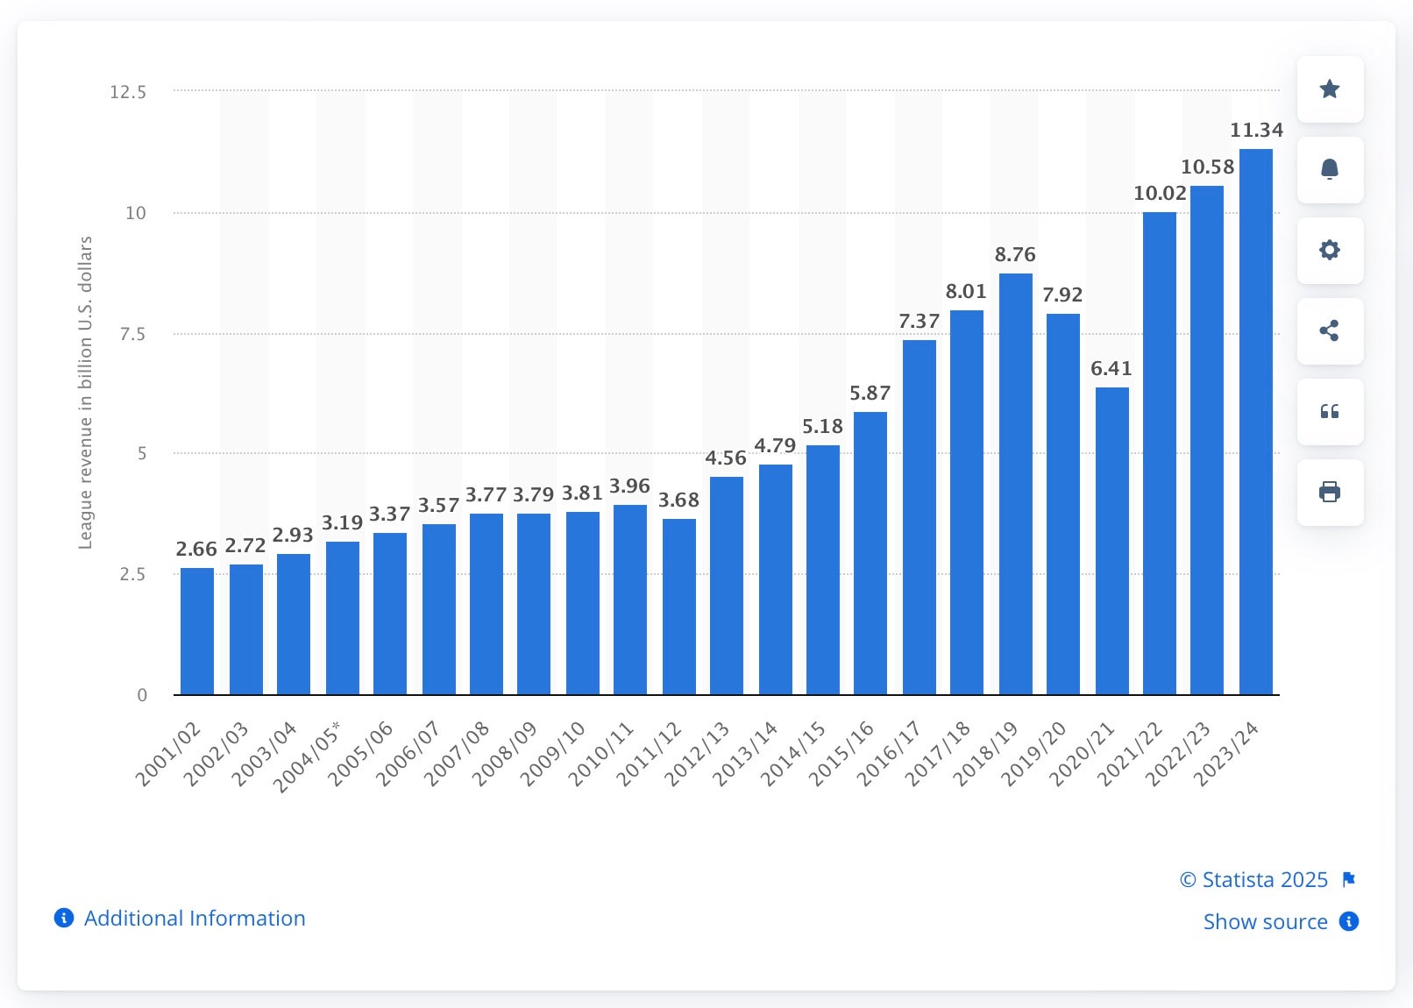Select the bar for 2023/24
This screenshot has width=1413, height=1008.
(x=1255, y=422)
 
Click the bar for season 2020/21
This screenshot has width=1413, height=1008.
(x=1111, y=541)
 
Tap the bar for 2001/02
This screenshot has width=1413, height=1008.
(x=196, y=631)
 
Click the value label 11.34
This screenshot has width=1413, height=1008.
(x=1255, y=131)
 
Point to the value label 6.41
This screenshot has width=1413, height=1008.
(x=1111, y=369)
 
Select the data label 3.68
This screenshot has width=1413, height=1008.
(x=678, y=500)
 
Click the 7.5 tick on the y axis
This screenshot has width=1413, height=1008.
(x=132, y=334)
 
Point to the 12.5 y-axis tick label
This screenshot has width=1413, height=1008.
(x=128, y=92)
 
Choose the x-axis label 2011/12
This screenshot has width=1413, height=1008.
(x=649, y=754)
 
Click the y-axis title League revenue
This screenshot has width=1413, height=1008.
(x=85, y=393)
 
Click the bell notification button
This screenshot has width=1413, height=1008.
(x=1330, y=169)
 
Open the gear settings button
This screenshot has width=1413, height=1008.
(x=1330, y=250)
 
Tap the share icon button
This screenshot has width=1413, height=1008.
(x=1330, y=330)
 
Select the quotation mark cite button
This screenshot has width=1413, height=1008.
(x=1330, y=411)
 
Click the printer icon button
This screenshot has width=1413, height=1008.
(x=1330, y=492)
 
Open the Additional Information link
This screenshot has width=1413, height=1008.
(x=194, y=919)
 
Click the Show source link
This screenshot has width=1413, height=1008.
(x=1265, y=922)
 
